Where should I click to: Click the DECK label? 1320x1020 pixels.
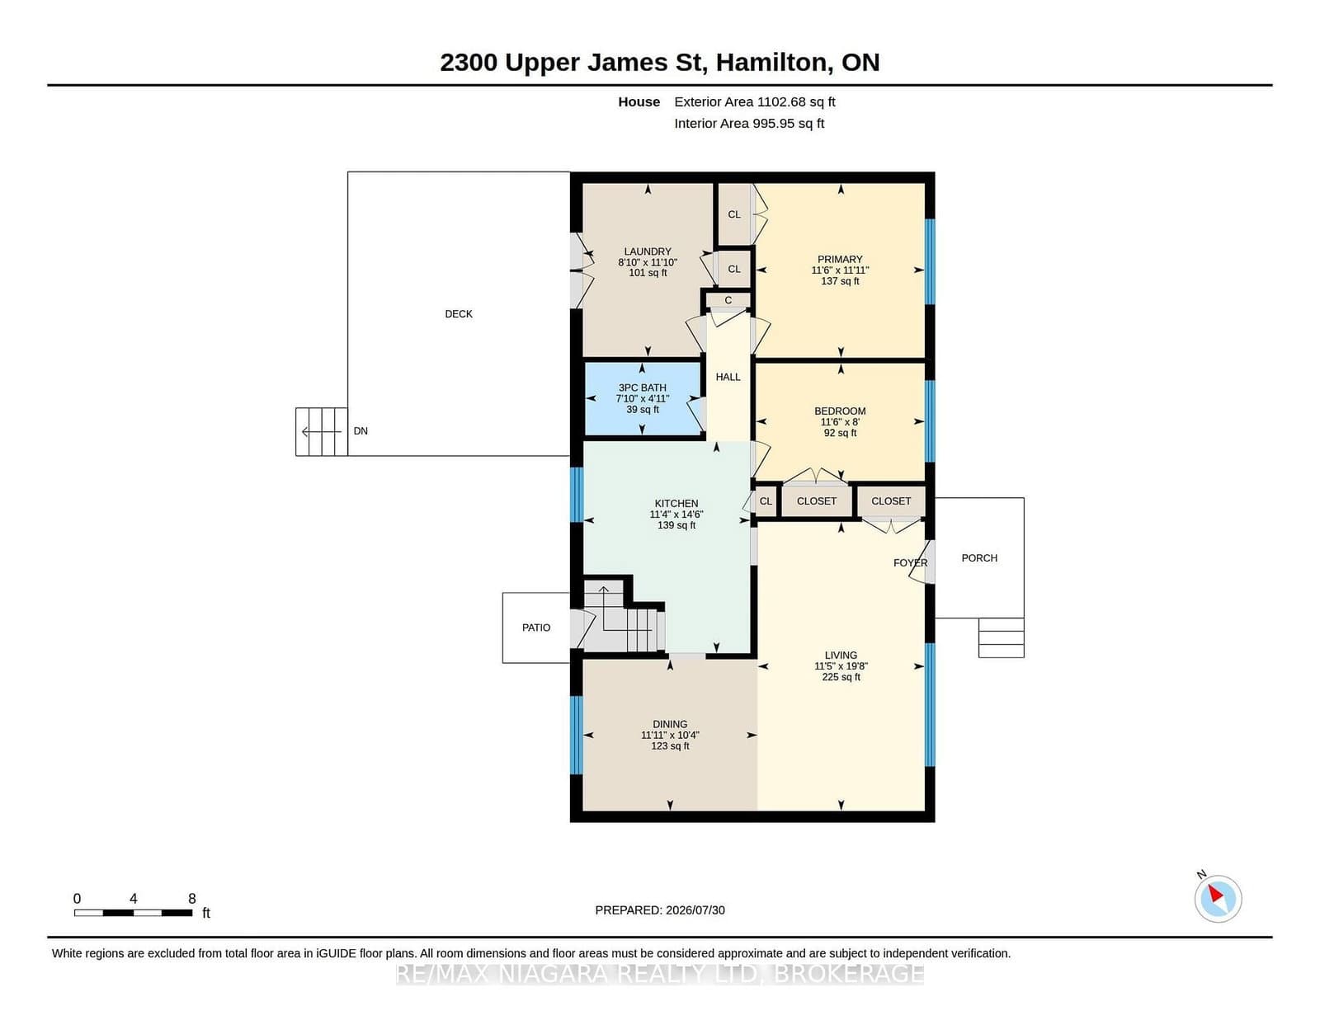coord(459,314)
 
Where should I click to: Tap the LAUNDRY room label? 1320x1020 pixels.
coord(648,251)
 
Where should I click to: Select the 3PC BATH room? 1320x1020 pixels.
coord(642,399)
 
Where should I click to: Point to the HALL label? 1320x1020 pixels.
coord(728,377)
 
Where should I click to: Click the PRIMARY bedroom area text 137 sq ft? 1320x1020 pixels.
coord(840,281)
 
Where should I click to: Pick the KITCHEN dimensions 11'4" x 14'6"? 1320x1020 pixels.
coord(676,515)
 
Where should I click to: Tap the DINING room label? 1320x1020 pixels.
coord(670,724)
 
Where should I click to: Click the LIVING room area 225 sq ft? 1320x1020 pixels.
coord(841,677)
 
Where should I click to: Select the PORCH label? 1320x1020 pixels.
coord(979,558)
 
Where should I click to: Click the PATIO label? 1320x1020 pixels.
coord(536,628)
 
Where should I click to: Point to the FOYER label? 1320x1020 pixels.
coord(910,563)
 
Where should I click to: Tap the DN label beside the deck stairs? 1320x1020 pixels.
coord(361,431)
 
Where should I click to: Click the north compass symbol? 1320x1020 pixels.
coord(1218,899)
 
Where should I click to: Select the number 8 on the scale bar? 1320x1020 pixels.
coord(192,899)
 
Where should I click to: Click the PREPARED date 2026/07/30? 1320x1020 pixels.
coord(695,910)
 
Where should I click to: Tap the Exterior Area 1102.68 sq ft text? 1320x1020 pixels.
coord(754,102)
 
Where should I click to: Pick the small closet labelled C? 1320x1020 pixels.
coord(728,300)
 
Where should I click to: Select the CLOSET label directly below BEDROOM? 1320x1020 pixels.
coord(817,501)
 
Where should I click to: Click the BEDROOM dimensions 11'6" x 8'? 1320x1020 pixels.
coord(840,422)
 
